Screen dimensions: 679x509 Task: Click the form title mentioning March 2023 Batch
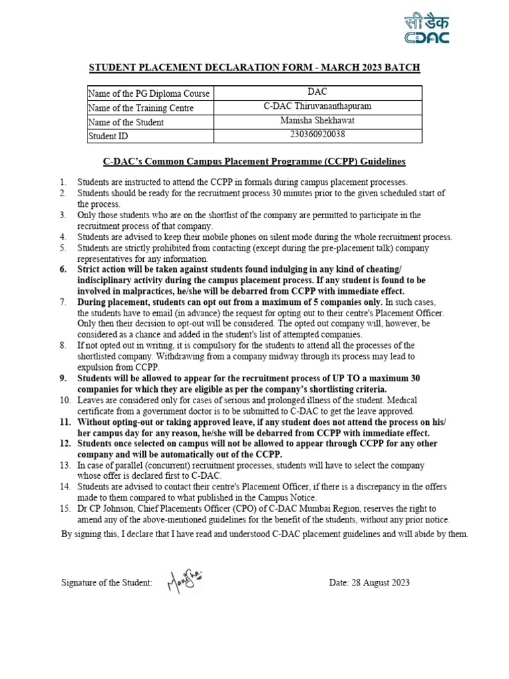(x=254, y=68)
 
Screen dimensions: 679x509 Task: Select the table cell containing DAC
(x=317, y=93)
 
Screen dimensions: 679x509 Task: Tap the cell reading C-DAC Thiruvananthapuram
(x=317, y=107)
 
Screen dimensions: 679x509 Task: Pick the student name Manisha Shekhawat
(x=317, y=121)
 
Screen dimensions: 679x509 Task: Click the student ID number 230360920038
(x=317, y=135)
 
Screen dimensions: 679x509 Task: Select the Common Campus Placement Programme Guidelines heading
(x=254, y=161)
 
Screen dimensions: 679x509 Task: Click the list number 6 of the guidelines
(x=64, y=270)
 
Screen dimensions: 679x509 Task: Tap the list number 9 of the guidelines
(x=64, y=378)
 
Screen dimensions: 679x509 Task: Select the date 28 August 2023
(x=369, y=583)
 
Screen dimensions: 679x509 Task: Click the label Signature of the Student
(x=107, y=583)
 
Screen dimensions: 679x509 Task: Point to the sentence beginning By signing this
(x=264, y=534)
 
